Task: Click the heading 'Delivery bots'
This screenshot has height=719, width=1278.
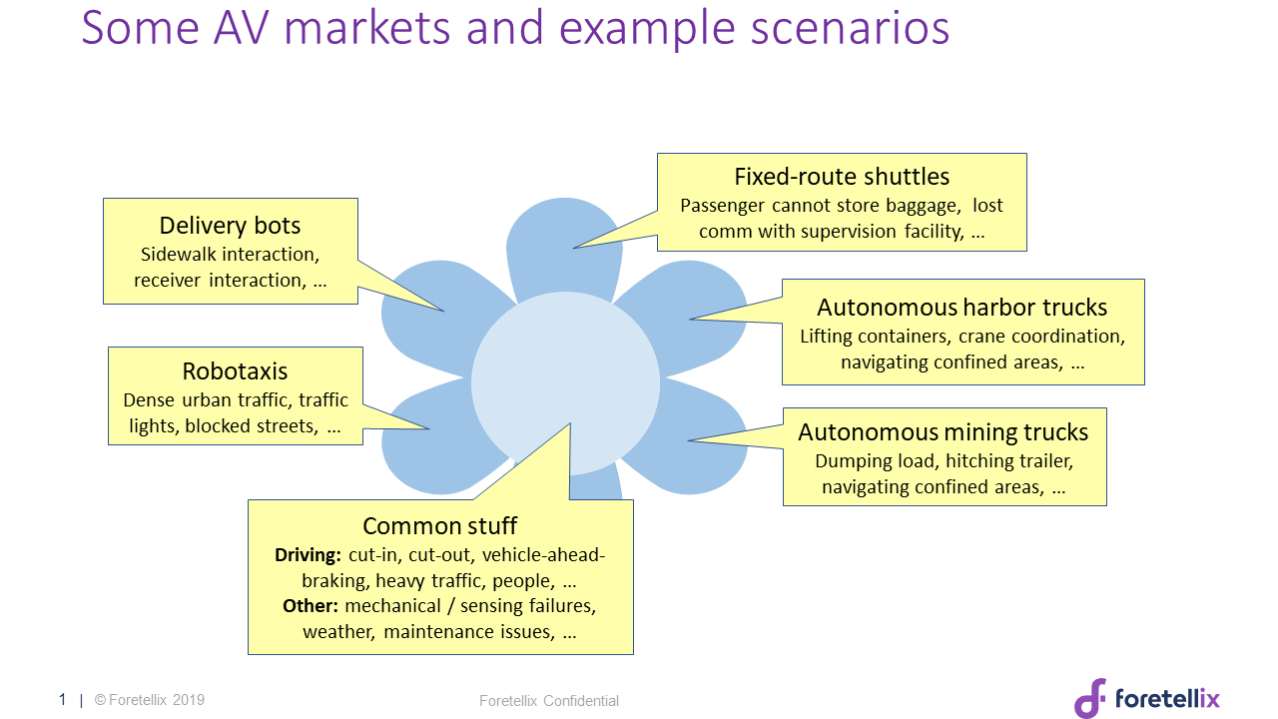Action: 230,226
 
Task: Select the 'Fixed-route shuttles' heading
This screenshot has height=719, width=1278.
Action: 842,177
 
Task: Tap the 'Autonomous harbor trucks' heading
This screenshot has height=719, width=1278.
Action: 961,307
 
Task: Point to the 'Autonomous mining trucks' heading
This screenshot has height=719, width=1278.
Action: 944,432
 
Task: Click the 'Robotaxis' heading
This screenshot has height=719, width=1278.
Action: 235,371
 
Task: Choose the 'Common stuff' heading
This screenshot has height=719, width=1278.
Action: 439,526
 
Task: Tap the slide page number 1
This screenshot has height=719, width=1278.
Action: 62,700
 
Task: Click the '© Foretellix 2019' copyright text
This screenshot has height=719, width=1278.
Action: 150,700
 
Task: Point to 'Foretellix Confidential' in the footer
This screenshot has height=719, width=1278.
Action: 549,701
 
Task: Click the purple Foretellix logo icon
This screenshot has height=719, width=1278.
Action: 1090,698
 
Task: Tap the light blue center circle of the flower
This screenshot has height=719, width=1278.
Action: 565,384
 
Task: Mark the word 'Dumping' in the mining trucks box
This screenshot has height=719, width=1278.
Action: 848,461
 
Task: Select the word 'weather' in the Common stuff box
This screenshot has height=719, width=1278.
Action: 339,632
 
